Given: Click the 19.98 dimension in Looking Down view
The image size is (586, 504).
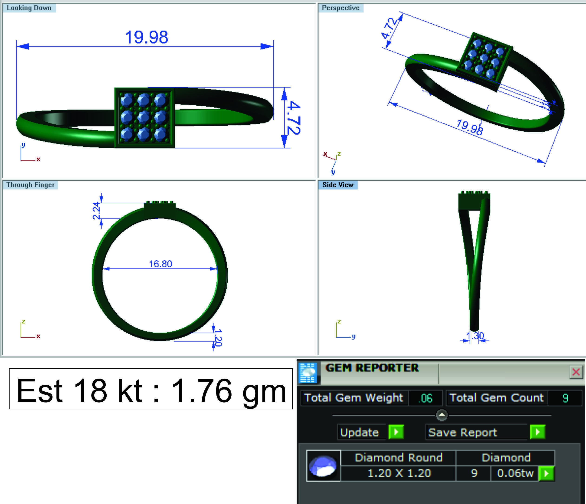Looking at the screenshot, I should [x=147, y=37].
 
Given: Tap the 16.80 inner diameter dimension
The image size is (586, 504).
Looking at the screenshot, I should [x=160, y=264].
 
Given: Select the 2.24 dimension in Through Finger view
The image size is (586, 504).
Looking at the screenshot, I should [x=96, y=211].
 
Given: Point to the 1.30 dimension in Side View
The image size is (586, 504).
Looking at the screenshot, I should [x=475, y=336].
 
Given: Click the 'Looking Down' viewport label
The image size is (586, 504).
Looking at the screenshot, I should [x=29, y=8].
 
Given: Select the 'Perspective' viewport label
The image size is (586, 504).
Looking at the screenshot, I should [x=340, y=8].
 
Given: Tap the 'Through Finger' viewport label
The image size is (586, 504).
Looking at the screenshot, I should [x=30, y=185].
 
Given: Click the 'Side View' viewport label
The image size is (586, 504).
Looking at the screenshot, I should [x=338, y=185].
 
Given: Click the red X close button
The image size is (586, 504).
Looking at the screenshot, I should [x=576, y=372].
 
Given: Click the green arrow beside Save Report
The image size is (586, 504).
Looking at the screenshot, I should [x=538, y=432].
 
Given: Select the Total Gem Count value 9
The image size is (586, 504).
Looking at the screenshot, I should [x=565, y=398].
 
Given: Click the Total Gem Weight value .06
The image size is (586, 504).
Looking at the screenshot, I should [x=425, y=398].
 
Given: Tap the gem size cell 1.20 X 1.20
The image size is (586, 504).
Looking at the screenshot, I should [x=399, y=473].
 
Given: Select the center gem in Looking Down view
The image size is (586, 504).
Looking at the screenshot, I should [x=143, y=117].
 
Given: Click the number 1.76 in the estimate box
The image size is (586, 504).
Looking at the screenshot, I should [x=201, y=391].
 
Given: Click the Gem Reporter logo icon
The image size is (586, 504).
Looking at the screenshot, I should [x=308, y=373].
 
